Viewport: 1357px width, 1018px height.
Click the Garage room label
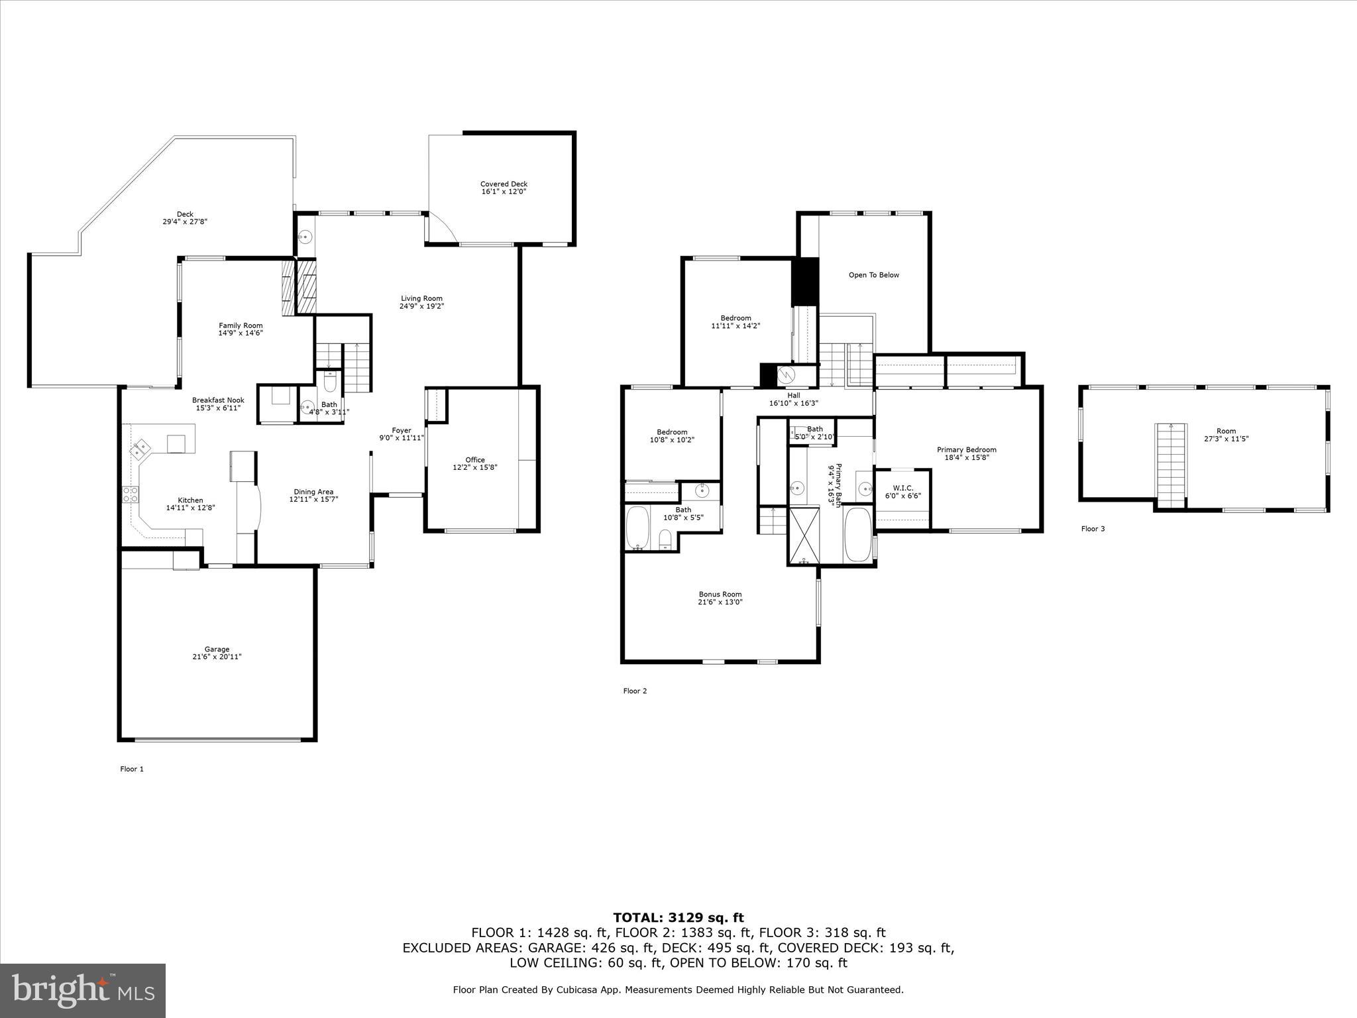point(217,650)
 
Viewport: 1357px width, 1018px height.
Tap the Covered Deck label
point(504,184)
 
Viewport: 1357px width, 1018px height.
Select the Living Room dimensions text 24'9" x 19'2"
point(421,306)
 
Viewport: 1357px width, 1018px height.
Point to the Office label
point(474,460)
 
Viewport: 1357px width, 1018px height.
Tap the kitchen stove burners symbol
point(130,494)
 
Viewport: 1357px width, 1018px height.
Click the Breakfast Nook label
point(218,400)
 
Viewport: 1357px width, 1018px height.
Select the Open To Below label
point(873,275)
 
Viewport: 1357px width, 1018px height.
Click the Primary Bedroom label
point(966,450)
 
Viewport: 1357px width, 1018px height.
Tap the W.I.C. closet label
point(902,488)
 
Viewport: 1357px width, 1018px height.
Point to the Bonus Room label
point(720,594)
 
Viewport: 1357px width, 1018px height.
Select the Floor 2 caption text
point(635,691)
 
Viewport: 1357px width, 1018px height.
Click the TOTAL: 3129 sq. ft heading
point(678,918)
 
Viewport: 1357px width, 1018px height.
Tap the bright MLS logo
point(83,991)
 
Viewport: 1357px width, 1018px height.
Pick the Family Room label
point(241,325)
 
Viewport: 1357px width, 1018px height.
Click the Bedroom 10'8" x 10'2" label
point(672,432)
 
